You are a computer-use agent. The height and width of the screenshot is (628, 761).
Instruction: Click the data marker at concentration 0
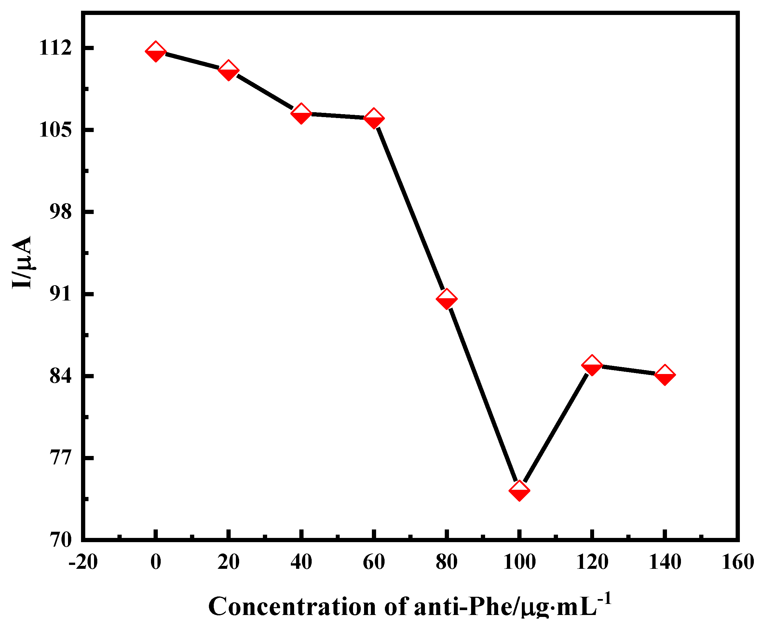(x=156, y=52)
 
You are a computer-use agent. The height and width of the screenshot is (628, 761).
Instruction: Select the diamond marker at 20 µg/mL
(x=228, y=70)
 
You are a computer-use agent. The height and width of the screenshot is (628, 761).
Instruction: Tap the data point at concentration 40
(x=301, y=113)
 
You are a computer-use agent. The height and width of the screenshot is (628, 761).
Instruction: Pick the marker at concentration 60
(x=374, y=118)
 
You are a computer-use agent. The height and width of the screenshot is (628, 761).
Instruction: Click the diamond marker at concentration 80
(x=446, y=299)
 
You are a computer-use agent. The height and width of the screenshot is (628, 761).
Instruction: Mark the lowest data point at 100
(x=519, y=490)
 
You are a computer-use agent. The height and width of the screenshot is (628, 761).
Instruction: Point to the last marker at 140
(x=665, y=375)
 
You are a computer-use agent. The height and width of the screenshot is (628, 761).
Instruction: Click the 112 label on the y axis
(x=55, y=48)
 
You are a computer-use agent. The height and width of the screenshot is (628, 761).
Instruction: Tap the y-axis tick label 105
(x=55, y=130)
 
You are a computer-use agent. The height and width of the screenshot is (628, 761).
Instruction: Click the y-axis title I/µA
(x=22, y=262)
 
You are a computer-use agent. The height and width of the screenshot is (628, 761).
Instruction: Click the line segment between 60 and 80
(x=410, y=208)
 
